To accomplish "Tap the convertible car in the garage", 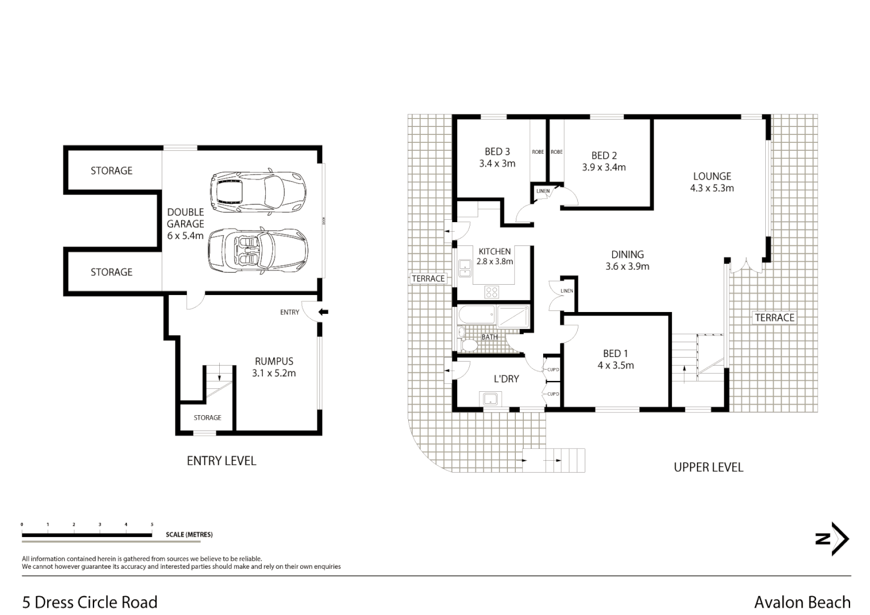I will pyautogui.click(x=258, y=251).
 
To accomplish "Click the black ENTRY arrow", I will pyautogui.click(x=323, y=311).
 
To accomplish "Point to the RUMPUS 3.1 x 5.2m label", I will pyautogui.click(x=274, y=367).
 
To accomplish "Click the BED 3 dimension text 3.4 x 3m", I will pyautogui.click(x=497, y=163).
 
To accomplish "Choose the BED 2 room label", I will pyautogui.click(x=604, y=155).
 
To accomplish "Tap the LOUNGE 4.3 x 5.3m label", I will pyautogui.click(x=712, y=182).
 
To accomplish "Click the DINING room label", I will pyautogui.click(x=627, y=255).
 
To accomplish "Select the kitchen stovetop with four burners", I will pyautogui.click(x=491, y=293).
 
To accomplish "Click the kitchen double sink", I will pyautogui.click(x=465, y=268).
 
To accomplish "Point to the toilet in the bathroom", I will pyautogui.click(x=469, y=345).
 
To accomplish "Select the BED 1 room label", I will pyautogui.click(x=615, y=354).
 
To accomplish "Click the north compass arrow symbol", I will pyautogui.click(x=832, y=539).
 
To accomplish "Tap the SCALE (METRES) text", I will pyautogui.click(x=189, y=535).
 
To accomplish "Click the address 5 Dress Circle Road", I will pyautogui.click(x=90, y=602).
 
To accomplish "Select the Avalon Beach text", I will pyautogui.click(x=802, y=602).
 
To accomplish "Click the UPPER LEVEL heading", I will pyautogui.click(x=708, y=468).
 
